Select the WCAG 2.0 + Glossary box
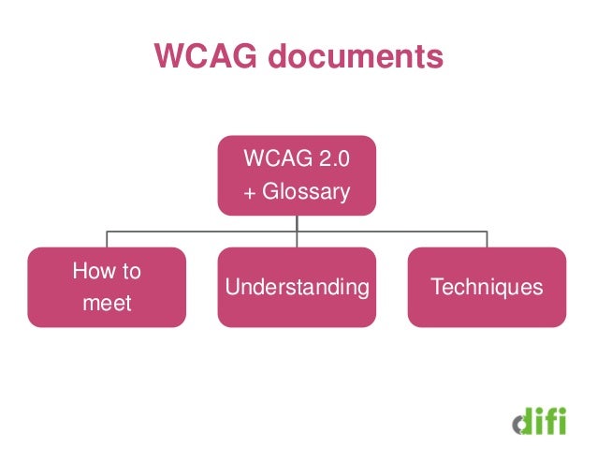pyautogui.click(x=298, y=175)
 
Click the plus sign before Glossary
pyautogui.click(x=249, y=194)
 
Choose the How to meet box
pyautogui.click(x=106, y=287)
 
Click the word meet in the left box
pyautogui.click(x=106, y=304)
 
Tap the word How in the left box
pyautogui.click(x=94, y=272)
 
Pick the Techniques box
pyautogui.click(x=487, y=287)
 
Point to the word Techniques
pyautogui.click(x=487, y=287)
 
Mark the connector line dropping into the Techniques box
pyautogui.click(x=487, y=239)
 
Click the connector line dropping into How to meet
pyautogui.click(x=106, y=239)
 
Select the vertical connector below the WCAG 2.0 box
pyautogui.click(x=298, y=223)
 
